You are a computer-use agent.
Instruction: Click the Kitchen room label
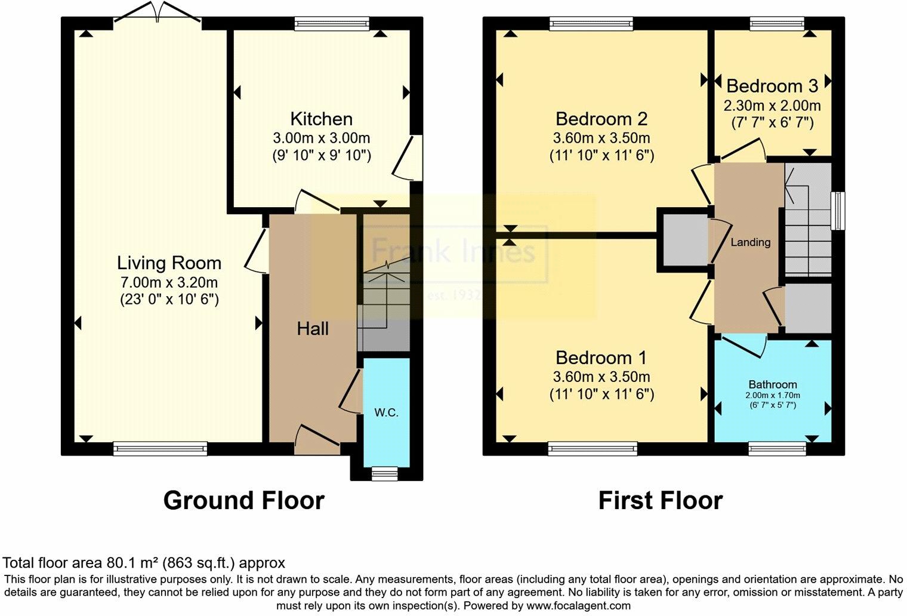(322, 119)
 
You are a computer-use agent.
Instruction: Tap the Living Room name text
(169, 263)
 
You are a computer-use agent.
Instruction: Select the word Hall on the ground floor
(313, 329)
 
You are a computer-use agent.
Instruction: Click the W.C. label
(386, 412)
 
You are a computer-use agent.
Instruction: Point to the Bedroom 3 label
(773, 86)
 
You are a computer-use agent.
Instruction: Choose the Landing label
(750, 242)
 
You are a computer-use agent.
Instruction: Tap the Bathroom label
(773, 384)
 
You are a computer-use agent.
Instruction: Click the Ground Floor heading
(243, 501)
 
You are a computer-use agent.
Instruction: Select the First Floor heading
(661, 501)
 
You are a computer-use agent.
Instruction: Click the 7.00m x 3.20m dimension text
(169, 282)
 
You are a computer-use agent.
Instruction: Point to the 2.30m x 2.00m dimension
(772, 106)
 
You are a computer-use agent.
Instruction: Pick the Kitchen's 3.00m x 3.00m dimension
(322, 138)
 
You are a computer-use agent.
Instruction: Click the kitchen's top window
(332, 23)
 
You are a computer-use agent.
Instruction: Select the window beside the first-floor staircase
(838, 211)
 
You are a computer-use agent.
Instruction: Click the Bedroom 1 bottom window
(593, 449)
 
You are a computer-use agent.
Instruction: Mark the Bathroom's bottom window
(777, 449)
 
